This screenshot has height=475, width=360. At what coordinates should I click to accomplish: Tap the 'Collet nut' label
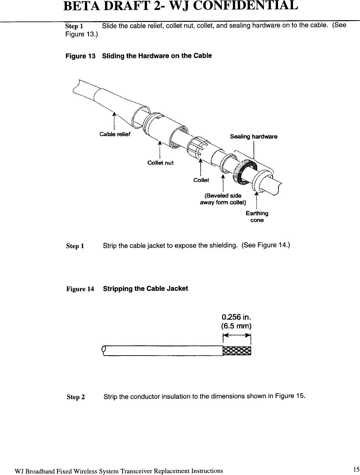coord(160,163)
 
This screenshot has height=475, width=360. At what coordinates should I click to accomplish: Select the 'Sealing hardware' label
coord(254,137)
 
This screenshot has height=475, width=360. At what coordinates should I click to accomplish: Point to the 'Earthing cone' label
coord(257,217)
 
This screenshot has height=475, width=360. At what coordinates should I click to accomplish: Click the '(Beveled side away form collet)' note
coord(223,199)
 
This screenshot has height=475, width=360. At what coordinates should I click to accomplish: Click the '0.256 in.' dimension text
coord(237,317)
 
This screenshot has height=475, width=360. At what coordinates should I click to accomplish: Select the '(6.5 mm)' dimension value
coord(237,326)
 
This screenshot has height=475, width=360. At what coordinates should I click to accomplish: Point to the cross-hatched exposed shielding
coord(237,351)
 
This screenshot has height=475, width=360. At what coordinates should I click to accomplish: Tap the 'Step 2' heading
coord(76,397)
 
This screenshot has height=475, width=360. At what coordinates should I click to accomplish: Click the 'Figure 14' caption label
coord(80,289)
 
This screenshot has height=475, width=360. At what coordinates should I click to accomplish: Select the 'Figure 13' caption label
coord(81,56)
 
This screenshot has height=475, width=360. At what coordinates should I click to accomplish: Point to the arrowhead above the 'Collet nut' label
coord(160,143)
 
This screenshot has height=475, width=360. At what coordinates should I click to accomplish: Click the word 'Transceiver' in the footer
coord(135,471)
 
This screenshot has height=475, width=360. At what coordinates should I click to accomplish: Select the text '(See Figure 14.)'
coord(266,245)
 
